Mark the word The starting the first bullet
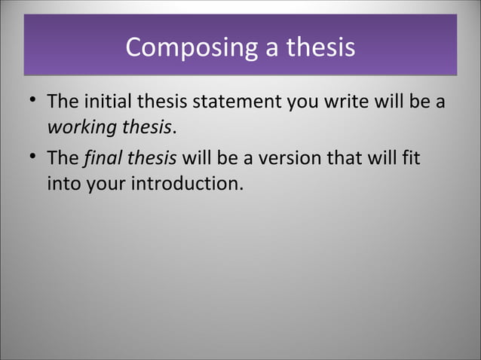(x=61, y=101)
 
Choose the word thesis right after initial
(x=153, y=101)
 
